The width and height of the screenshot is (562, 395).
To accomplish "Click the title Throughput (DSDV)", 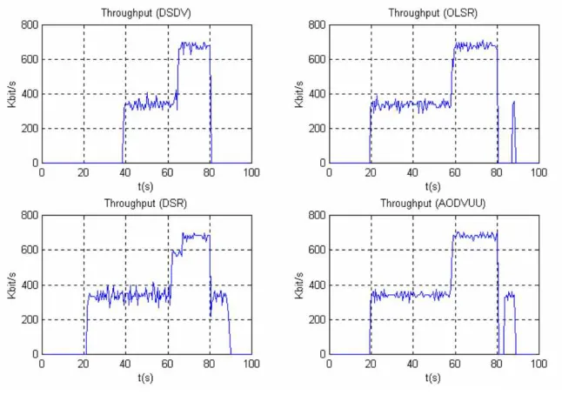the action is tap(146, 13).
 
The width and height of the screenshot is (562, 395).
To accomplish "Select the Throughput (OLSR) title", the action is tap(433, 13).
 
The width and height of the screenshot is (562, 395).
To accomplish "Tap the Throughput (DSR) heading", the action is tap(145, 204).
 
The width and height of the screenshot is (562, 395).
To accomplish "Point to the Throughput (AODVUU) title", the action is tap(433, 204).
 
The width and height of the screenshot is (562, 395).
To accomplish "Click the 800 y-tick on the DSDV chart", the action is tap(30, 24).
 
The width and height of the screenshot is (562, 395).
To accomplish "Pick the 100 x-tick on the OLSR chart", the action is tap(539, 173).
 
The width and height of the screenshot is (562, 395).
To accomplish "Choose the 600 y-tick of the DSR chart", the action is tap(30, 250).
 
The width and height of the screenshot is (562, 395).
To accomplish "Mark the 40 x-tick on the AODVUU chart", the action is tap(412, 364).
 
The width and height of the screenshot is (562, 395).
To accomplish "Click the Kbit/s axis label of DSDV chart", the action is tap(12, 94).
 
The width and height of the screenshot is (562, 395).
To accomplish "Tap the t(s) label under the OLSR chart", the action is tap(433, 187).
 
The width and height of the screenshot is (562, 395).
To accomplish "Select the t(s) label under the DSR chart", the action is tap(145, 378).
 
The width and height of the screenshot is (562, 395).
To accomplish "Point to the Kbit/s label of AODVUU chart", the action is tap(299, 285).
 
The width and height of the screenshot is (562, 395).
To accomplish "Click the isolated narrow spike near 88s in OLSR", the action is tap(513, 132).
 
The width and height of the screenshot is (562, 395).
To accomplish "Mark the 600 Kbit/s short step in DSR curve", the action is tap(177, 252).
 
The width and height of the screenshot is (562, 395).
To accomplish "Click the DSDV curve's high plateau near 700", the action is tap(194, 46).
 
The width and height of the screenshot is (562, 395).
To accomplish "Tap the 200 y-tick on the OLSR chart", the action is tap(318, 128).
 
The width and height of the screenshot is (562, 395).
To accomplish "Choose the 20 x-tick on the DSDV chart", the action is tap(84, 173).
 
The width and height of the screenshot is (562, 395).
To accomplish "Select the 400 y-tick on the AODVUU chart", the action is tap(318, 285).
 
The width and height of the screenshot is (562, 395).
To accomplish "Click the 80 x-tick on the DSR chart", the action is tap(210, 364).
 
